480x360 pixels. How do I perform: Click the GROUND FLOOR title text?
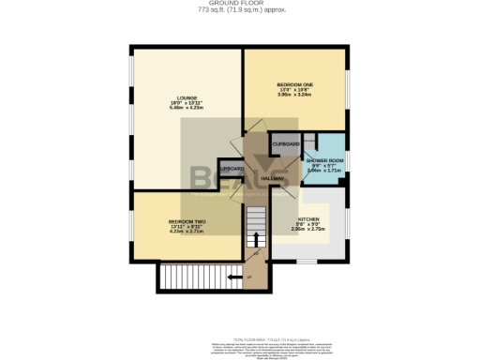tap(240, 4)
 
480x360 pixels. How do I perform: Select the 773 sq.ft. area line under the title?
tap(240, 10)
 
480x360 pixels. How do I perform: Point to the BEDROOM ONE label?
tap(292, 82)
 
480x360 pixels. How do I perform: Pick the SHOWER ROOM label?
tap(324, 160)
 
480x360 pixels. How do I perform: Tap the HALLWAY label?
tap(272, 178)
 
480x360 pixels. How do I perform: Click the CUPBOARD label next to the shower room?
tap(285, 143)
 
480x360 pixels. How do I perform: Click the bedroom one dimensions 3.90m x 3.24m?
tap(292, 94)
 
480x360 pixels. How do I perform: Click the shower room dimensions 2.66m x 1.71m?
tap(324, 172)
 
